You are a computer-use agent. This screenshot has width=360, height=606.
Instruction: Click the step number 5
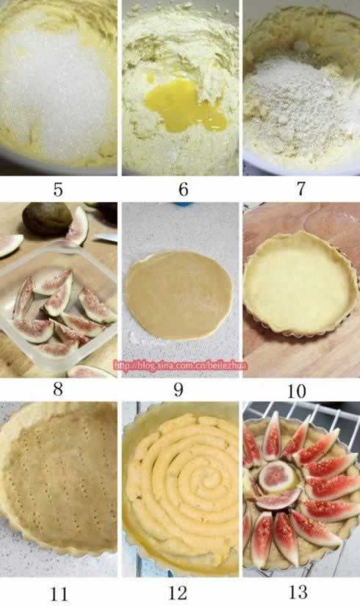coord(58,190)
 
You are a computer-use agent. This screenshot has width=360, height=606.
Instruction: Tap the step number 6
coord(183,190)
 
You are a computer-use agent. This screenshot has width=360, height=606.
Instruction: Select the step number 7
coord(300,189)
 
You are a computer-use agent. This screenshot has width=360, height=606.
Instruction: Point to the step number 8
coord(58,389)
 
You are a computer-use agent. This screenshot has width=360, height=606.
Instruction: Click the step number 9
coord(179,389)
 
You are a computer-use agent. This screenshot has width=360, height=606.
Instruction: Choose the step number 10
coord(297,391)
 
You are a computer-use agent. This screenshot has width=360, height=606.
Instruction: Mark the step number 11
coord(59,594)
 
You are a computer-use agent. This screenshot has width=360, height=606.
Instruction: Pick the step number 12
coord(178,593)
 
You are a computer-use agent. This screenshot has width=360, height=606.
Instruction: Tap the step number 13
coord(298,592)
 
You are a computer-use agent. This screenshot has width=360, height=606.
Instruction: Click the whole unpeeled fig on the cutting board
coord(47,220)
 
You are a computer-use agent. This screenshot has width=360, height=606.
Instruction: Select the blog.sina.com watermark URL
coord(180,365)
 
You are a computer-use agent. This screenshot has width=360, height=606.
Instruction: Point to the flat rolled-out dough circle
coord(179,295)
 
